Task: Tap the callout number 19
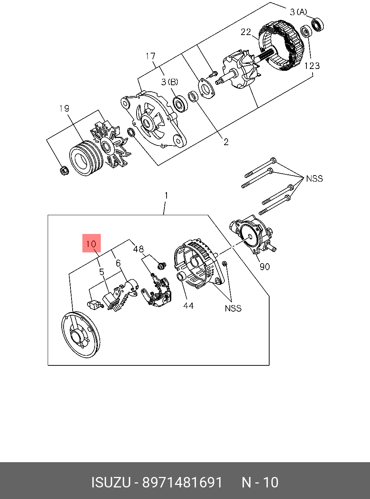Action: [x=64, y=108]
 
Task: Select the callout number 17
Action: [x=151, y=56]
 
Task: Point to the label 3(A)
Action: [x=298, y=12]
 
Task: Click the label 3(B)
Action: [x=170, y=82]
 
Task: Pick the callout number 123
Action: [x=312, y=66]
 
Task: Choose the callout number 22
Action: [x=246, y=32]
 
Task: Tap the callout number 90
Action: [x=265, y=266]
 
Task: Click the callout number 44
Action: [x=188, y=305]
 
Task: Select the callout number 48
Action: [x=138, y=249]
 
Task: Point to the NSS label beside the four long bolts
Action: [x=314, y=178]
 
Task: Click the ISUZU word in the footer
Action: [x=111, y=482]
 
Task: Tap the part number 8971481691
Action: [x=182, y=482]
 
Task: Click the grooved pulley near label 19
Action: [x=85, y=158]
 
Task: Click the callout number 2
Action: [x=226, y=142]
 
